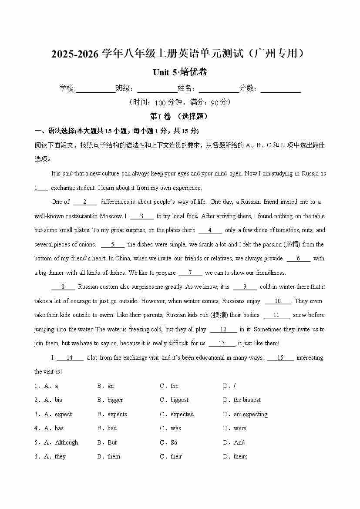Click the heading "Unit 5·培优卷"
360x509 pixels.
click(180, 72)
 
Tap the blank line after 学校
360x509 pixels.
click(95, 89)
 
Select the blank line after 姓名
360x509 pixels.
click(219, 89)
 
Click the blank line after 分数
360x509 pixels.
click(280, 89)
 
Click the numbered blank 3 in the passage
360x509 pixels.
click(141, 216)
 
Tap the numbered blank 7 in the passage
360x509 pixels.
click(190, 273)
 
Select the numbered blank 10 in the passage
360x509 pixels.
click(278, 301)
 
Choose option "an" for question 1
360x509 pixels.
click(111, 386)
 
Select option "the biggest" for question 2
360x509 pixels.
click(247, 400)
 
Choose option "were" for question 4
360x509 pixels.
click(240, 428)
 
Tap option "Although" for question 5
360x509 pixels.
click(66, 442)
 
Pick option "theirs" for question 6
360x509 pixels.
click(240, 456)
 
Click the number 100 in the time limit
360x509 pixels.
click(160, 103)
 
